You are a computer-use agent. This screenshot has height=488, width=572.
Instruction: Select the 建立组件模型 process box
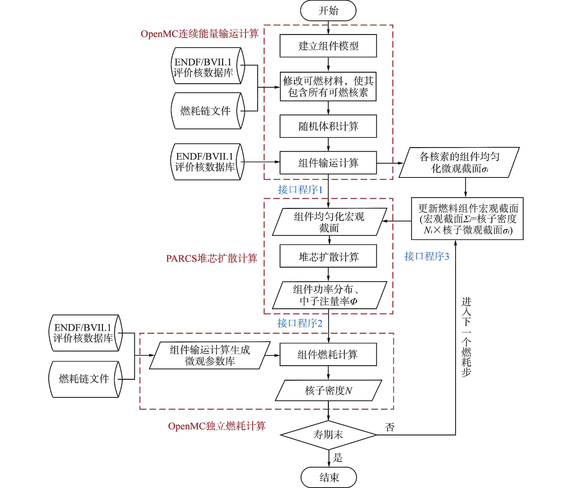[x=328, y=46]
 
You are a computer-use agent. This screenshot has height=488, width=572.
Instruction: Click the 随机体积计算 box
[x=328, y=126]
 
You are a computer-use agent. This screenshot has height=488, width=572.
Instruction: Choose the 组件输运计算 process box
[x=328, y=163]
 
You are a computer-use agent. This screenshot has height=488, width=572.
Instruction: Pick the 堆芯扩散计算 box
[x=328, y=256]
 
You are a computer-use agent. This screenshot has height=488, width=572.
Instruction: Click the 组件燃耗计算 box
[x=328, y=354]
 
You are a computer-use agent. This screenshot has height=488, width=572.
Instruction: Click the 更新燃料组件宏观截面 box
[x=467, y=218]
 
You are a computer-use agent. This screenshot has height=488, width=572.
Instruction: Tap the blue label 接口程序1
[x=300, y=190]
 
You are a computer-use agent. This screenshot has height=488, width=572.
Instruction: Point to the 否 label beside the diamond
[x=390, y=427]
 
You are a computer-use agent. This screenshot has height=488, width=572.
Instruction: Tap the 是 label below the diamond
[x=338, y=457]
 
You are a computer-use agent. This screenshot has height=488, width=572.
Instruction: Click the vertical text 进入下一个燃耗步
[x=466, y=337]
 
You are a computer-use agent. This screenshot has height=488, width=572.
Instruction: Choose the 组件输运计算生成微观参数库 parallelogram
[x=210, y=355]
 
